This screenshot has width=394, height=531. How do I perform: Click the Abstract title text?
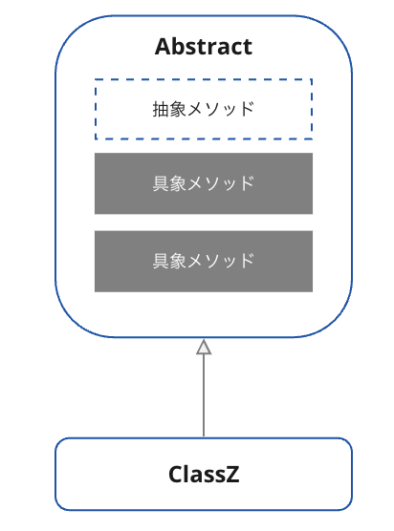pyautogui.click(x=204, y=47)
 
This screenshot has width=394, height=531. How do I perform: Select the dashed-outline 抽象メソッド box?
pyautogui.click(x=204, y=109)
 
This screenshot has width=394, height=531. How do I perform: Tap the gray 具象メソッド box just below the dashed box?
pyautogui.click(x=204, y=183)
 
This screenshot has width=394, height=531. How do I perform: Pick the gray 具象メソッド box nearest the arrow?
pyautogui.click(x=204, y=261)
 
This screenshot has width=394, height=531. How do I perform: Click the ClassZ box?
pyautogui.click(x=204, y=474)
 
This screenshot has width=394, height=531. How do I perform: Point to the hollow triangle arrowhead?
pyautogui.click(x=204, y=347)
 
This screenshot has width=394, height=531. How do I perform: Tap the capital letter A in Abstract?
pyautogui.click(x=162, y=47)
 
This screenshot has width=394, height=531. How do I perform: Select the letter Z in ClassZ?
pyautogui.click(x=233, y=474)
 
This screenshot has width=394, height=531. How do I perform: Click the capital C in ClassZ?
pyautogui.click(x=175, y=474)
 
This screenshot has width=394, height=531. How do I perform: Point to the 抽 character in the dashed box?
pyautogui.click(x=161, y=109)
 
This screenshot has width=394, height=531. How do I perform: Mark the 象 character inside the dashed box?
pyautogui.click(x=178, y=109)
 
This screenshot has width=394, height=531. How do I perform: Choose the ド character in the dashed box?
pyautogui.click(x=247, y=109)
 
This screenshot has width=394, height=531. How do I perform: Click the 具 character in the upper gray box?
pyautogui.click(x=161, y=183)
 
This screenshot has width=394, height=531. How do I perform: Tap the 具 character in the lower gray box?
pyautogui.click(x=161, y=261)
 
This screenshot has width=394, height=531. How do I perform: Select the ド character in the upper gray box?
pyautogui.click(x=247, y=183)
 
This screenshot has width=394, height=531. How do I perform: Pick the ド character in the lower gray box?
pyautogui.click(x=247, y=261)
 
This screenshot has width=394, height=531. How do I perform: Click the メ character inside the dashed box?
pyautogui.click(x=195, y=110)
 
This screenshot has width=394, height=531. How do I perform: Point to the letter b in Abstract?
pyautogui.click(x=177, y=47)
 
